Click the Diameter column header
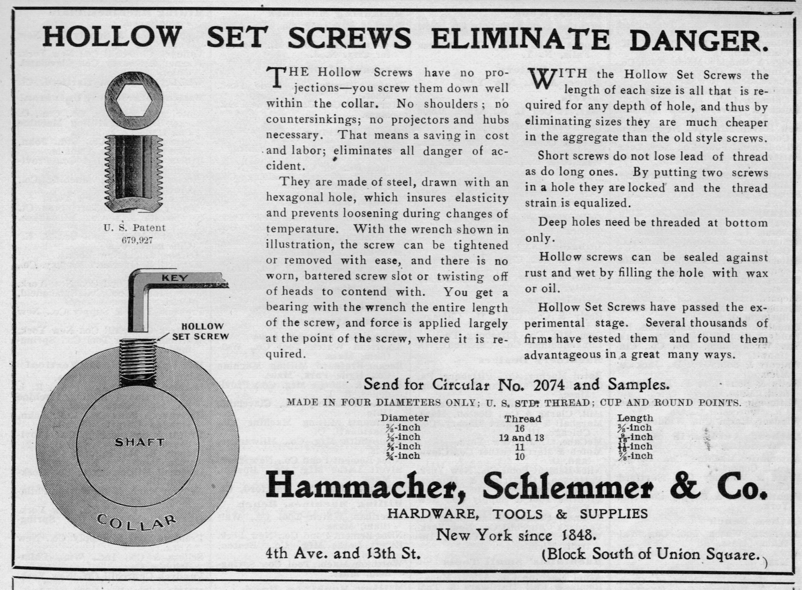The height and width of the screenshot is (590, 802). pyautogui.click(x=405, y=418)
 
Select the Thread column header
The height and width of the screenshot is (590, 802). pyautogui.click(x=523, y=419)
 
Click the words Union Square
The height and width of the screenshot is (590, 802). pyautogui.click(x=714, y=555)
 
